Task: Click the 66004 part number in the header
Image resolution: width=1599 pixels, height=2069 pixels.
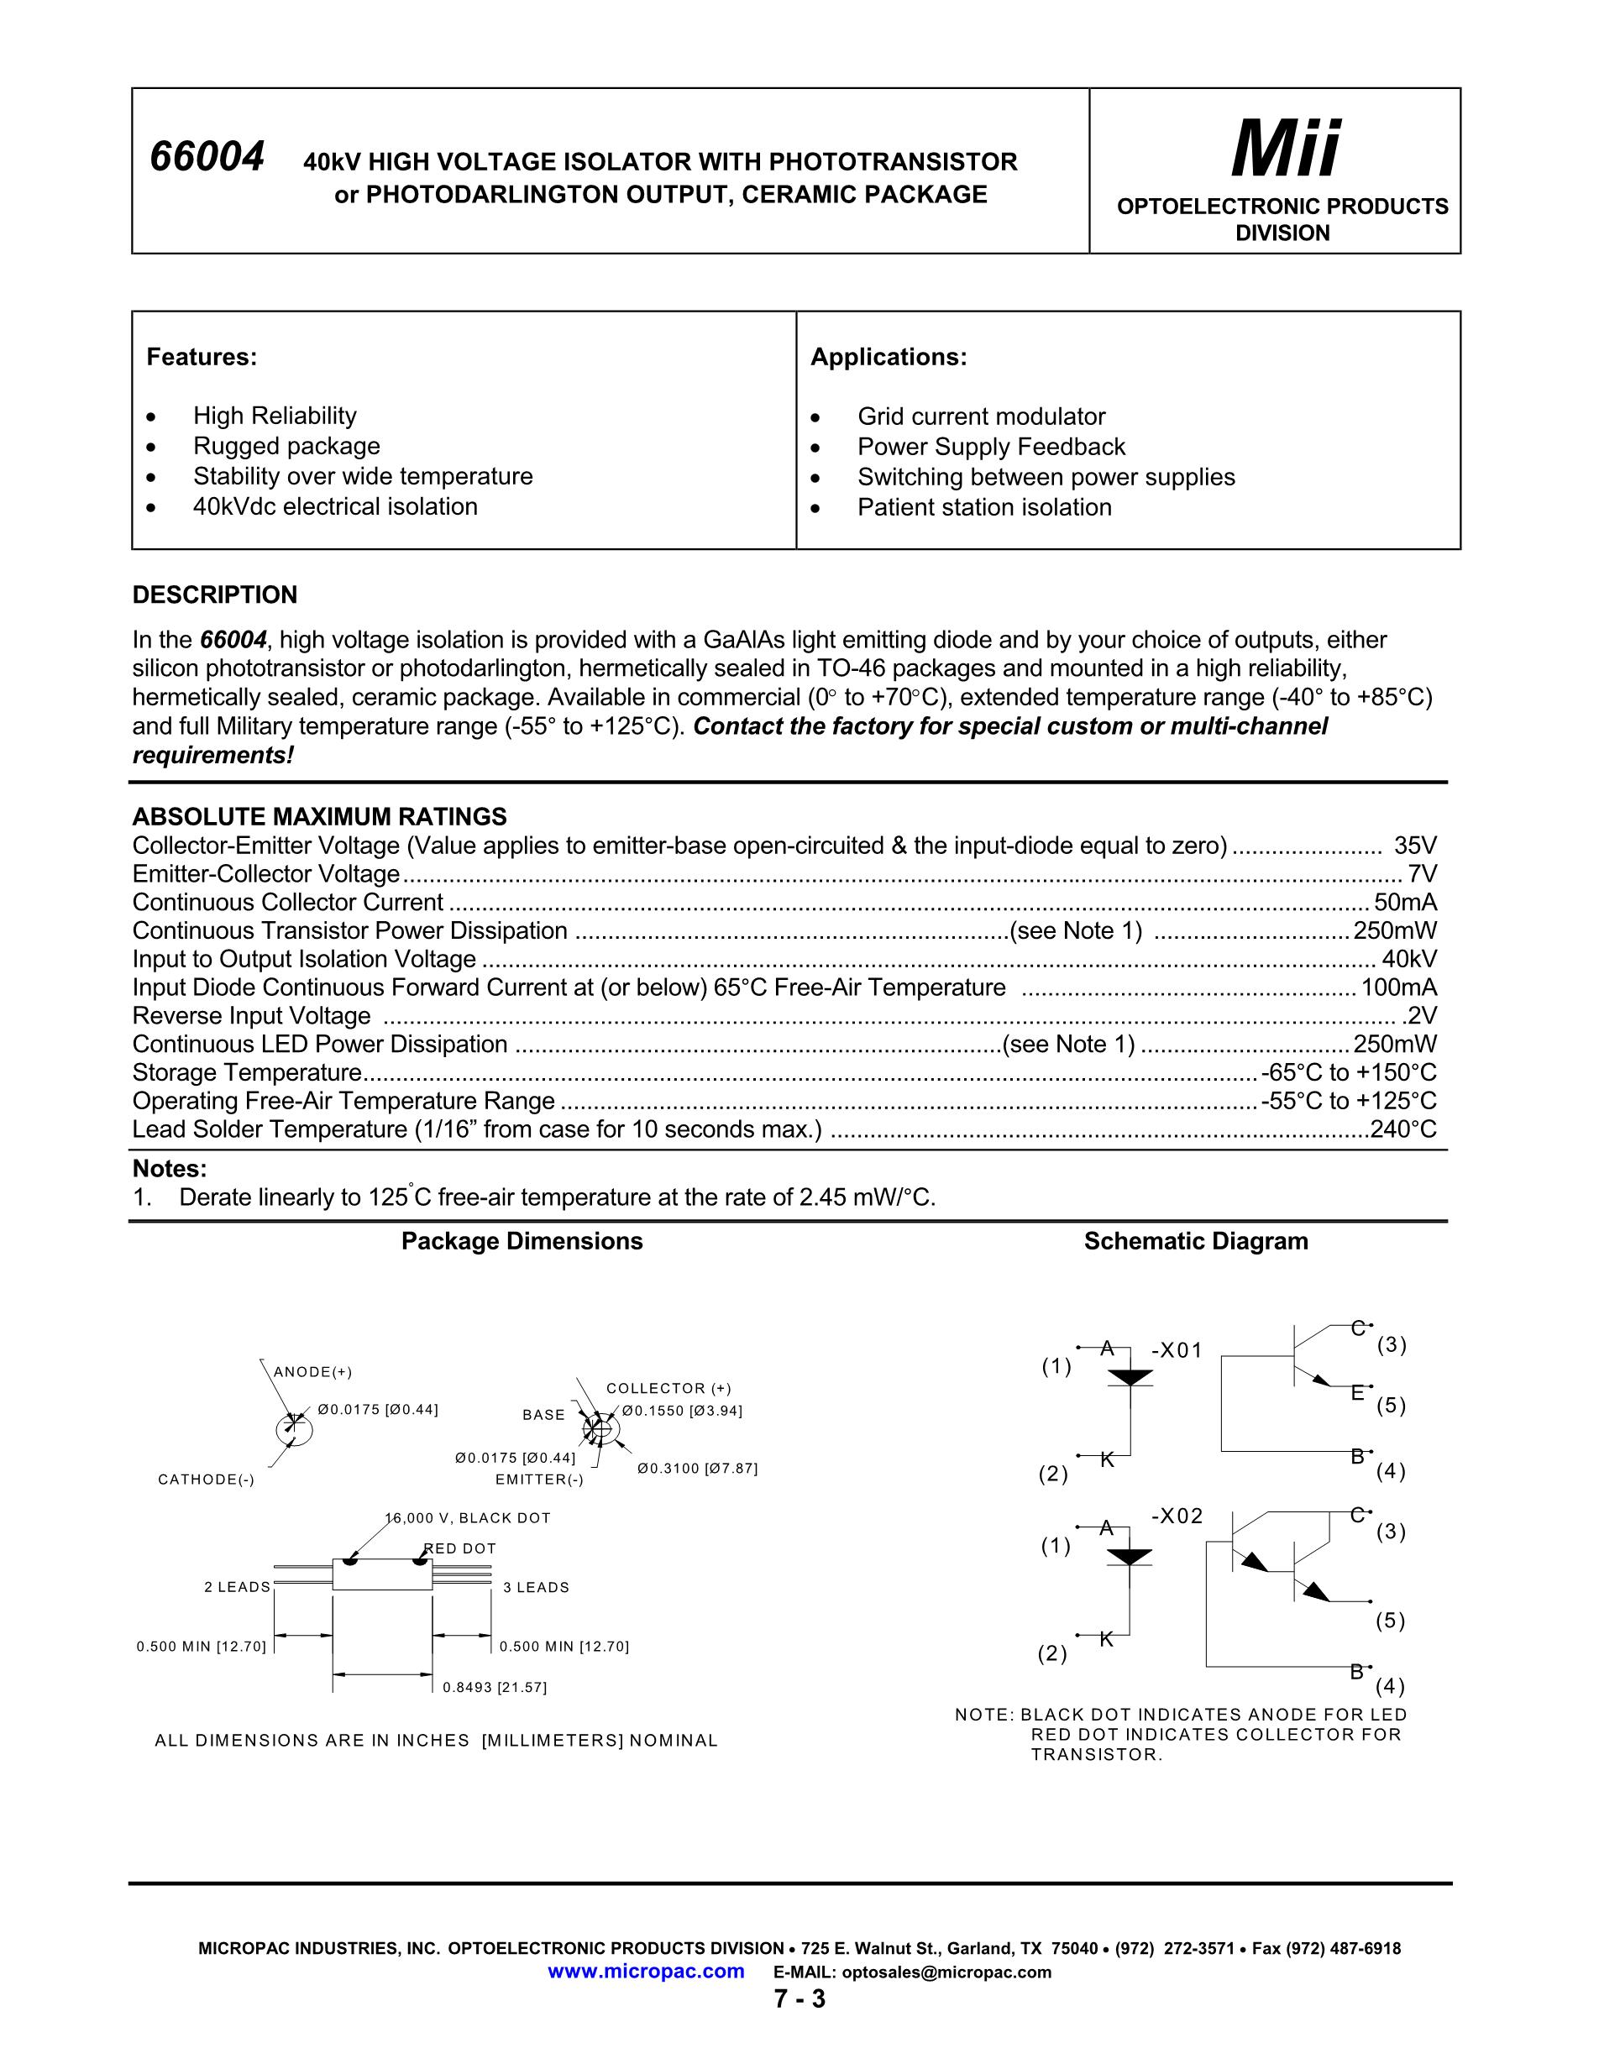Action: point(207,157)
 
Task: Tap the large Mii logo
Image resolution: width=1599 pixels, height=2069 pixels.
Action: point(1285,149)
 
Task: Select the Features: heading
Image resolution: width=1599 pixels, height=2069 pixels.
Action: point(202,357)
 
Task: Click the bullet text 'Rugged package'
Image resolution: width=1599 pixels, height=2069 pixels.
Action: point(286,446)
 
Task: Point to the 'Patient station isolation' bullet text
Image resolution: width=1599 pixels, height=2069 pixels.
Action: point(984,507)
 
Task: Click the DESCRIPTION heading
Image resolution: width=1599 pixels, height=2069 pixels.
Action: point(215,595)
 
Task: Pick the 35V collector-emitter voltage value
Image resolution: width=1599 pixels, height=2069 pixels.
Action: point(1415,845)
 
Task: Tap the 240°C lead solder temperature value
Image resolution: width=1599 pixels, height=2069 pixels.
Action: point(1403,1129)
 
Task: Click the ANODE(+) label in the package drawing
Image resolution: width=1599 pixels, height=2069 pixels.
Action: point(312,1372)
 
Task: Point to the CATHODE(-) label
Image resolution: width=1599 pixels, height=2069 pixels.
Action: point(207,1479)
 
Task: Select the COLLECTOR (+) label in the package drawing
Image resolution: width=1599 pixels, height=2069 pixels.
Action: point(668,1388)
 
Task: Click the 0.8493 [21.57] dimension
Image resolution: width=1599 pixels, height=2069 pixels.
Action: point(495,1686)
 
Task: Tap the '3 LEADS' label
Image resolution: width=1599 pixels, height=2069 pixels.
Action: point(536,1587)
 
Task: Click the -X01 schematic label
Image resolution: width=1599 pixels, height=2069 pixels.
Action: point(1177,1350)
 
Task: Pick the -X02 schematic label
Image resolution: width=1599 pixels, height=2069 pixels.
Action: point(1177,1516)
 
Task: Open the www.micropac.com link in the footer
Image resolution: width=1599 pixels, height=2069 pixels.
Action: point(646,1972)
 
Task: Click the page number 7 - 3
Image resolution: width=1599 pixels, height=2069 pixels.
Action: point(799,1999)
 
